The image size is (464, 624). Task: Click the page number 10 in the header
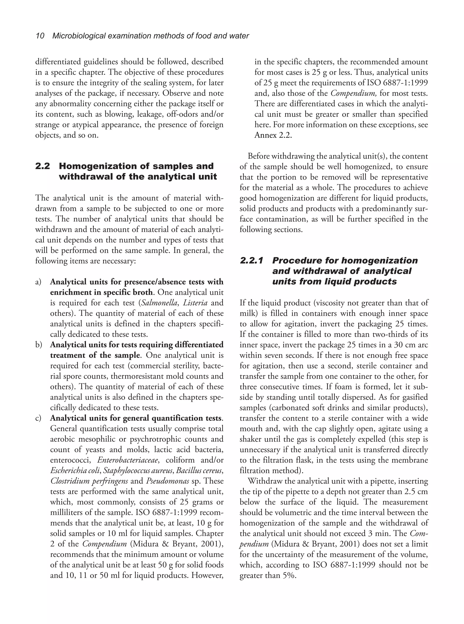40,36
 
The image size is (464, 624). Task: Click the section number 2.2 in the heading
43,166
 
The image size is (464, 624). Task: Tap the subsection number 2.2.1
251,261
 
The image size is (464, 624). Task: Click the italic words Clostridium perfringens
89,481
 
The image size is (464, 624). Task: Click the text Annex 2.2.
273,135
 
